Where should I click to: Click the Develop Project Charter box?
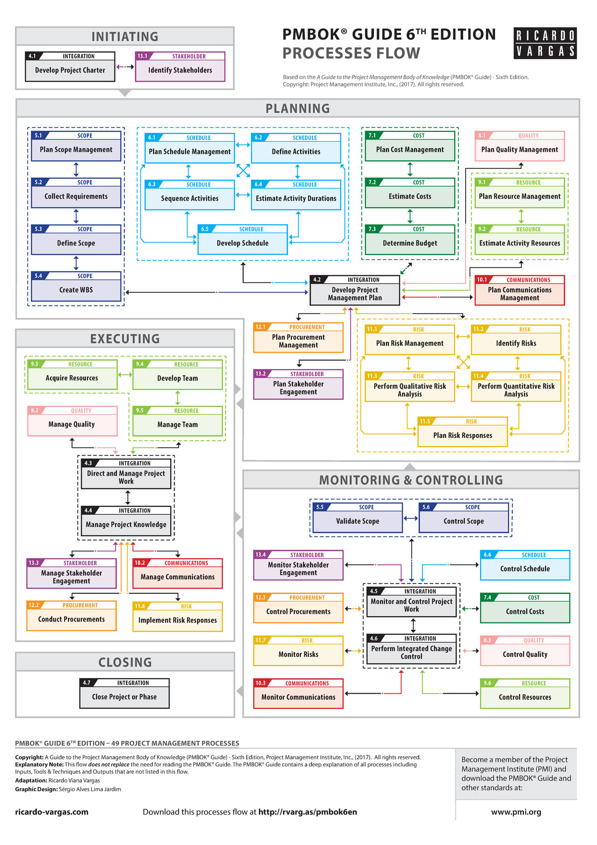(70, 67)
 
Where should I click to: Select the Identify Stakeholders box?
(180, 67)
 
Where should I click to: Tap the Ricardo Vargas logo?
(545, 43)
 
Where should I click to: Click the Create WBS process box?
(76, 286)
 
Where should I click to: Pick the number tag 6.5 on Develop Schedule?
(204, 229)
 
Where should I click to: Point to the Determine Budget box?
(410, 240)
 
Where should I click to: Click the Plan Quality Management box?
(519, 146)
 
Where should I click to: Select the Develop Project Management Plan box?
(355, 290)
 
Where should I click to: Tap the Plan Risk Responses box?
(463, 432)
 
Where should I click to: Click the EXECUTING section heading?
(125, 339)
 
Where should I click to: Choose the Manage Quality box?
(72, 421)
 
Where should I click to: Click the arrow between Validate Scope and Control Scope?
(410, 518)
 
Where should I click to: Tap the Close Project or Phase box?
(124, 694)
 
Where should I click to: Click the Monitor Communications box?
(298, 694)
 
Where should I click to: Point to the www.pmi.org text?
(516, 812)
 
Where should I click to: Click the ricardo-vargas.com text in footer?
(52, 812)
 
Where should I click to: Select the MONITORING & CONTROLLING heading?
(411, 480)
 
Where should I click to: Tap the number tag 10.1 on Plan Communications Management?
(482, 280)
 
